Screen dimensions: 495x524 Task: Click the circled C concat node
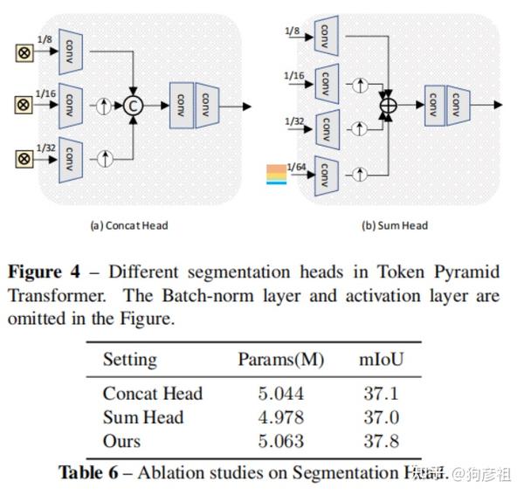pyautogui.click(x=132, y=106)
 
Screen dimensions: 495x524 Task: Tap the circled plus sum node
pyautogui.click(x=386, y=107)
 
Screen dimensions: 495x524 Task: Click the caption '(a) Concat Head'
pyautogui.click(x=129, y=225)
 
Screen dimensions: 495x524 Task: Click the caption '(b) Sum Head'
pyautogui.click(x=395, y=225)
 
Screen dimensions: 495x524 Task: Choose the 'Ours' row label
pyautogui.click(x=121, y=442)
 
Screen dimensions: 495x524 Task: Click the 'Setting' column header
pyautogui.click(x=130, y=360)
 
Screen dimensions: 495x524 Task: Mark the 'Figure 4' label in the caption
pyautogui.click(x=57, y=271)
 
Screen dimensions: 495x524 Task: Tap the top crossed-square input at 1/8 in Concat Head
pyautogui.click(x=24, y=53)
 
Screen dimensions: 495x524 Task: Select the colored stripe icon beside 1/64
pyautogui.click(x=277, y=175)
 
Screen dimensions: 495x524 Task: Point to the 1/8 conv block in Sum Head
pyautogui.click(x=324, y=36)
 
